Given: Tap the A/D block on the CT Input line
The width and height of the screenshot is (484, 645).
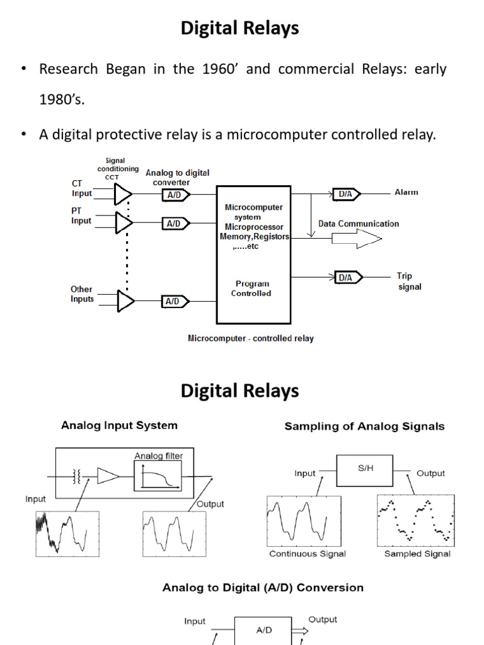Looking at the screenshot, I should tap(173, 195).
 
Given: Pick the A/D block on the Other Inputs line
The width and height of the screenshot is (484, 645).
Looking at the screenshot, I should tap(173, 302).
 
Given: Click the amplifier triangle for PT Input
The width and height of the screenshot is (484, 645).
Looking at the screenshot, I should tap(124, 222).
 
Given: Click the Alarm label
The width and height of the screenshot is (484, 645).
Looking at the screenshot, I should tap(406, 192).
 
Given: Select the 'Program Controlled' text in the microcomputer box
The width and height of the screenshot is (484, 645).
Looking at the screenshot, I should tap(251, 288).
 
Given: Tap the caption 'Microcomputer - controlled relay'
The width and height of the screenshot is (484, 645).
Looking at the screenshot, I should tap(251, 338).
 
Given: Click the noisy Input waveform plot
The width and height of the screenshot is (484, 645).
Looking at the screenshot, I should tap(67, 533).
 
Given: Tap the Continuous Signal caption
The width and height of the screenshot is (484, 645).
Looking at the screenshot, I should tap(308, 554).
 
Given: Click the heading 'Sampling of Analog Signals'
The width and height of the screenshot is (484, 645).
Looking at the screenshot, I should tap(364, 426).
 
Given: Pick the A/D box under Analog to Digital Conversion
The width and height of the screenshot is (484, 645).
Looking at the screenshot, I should tap(264, 630).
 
